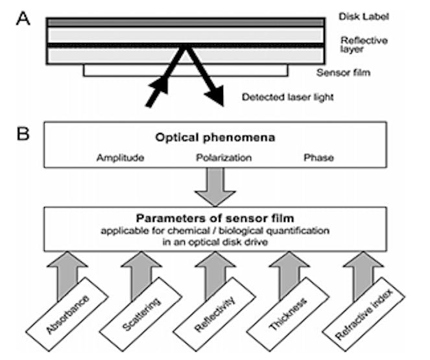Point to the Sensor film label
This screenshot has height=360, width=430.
[343, 72]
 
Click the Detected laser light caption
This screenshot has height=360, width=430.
[289, 98]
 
